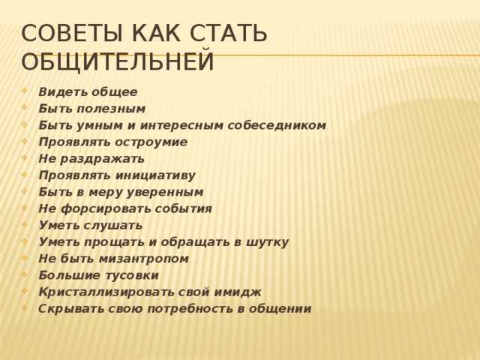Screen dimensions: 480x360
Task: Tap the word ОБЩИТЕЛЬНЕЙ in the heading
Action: pyautogui.click(x=117, y=61)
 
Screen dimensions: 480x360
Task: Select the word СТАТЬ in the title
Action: pyautogui.click(x=228, y=33)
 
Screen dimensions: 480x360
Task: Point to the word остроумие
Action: pyautogui.click(x=151, y=142)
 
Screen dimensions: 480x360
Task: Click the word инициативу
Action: pyautogui.click(x=155, y=175)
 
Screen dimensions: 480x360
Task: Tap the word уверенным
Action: pyautogui.click(x=165, y=193)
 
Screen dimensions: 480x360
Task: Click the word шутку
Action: pyautogui.click(x=268, y=242)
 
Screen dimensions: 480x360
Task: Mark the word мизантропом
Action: pyautogui.click(x=144, y=259)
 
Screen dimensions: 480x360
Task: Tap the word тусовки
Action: pyautogui.click(x=132, y=275)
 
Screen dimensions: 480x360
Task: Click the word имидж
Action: pyautogui.click(x=238, y=292)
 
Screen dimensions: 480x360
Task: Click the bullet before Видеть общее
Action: pyautogui.click(x=25, y=91)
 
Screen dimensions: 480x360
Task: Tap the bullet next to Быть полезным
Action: pyautogui.click(x=25, y=107)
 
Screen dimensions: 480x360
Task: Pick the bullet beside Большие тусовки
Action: pyautogui.click(x=25, y=274)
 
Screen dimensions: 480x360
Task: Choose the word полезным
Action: pyautogui.click(x=111, y=109)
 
